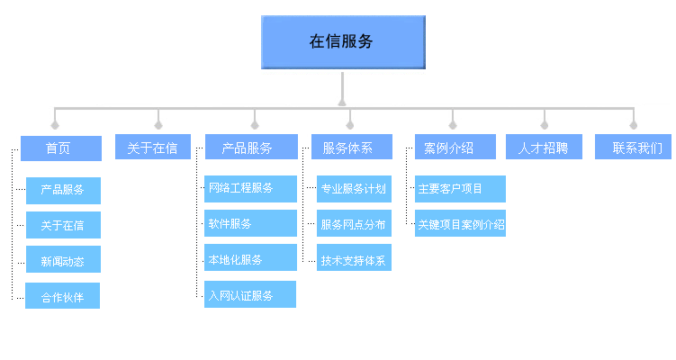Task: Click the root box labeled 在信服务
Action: pos(342,41)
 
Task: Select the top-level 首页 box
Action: pos(59,148)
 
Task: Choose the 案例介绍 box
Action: pos(455,148)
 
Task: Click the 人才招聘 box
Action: pos(544,148)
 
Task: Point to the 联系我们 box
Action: pos(633,148)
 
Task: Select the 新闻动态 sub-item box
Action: pos(63,260)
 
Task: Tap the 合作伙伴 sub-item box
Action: pos(63,296)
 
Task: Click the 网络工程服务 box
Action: pos(250,189)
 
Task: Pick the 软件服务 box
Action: pos(250,223)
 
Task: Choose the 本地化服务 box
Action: pos(250,258)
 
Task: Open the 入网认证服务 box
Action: pos(250,294)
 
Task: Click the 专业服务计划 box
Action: pos(355,189)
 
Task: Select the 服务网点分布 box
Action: pos(355,223)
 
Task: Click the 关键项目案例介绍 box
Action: pos(460,223)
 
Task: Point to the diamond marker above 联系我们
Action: pos(633,124)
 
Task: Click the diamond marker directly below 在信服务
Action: pos(342,102)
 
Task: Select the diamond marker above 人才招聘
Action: pos(544,124)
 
